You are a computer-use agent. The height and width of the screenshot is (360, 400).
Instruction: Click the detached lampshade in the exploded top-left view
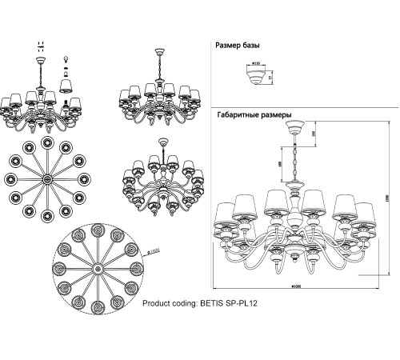coord(66,83)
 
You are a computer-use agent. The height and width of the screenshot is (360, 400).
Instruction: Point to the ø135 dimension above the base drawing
coord(257,61)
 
